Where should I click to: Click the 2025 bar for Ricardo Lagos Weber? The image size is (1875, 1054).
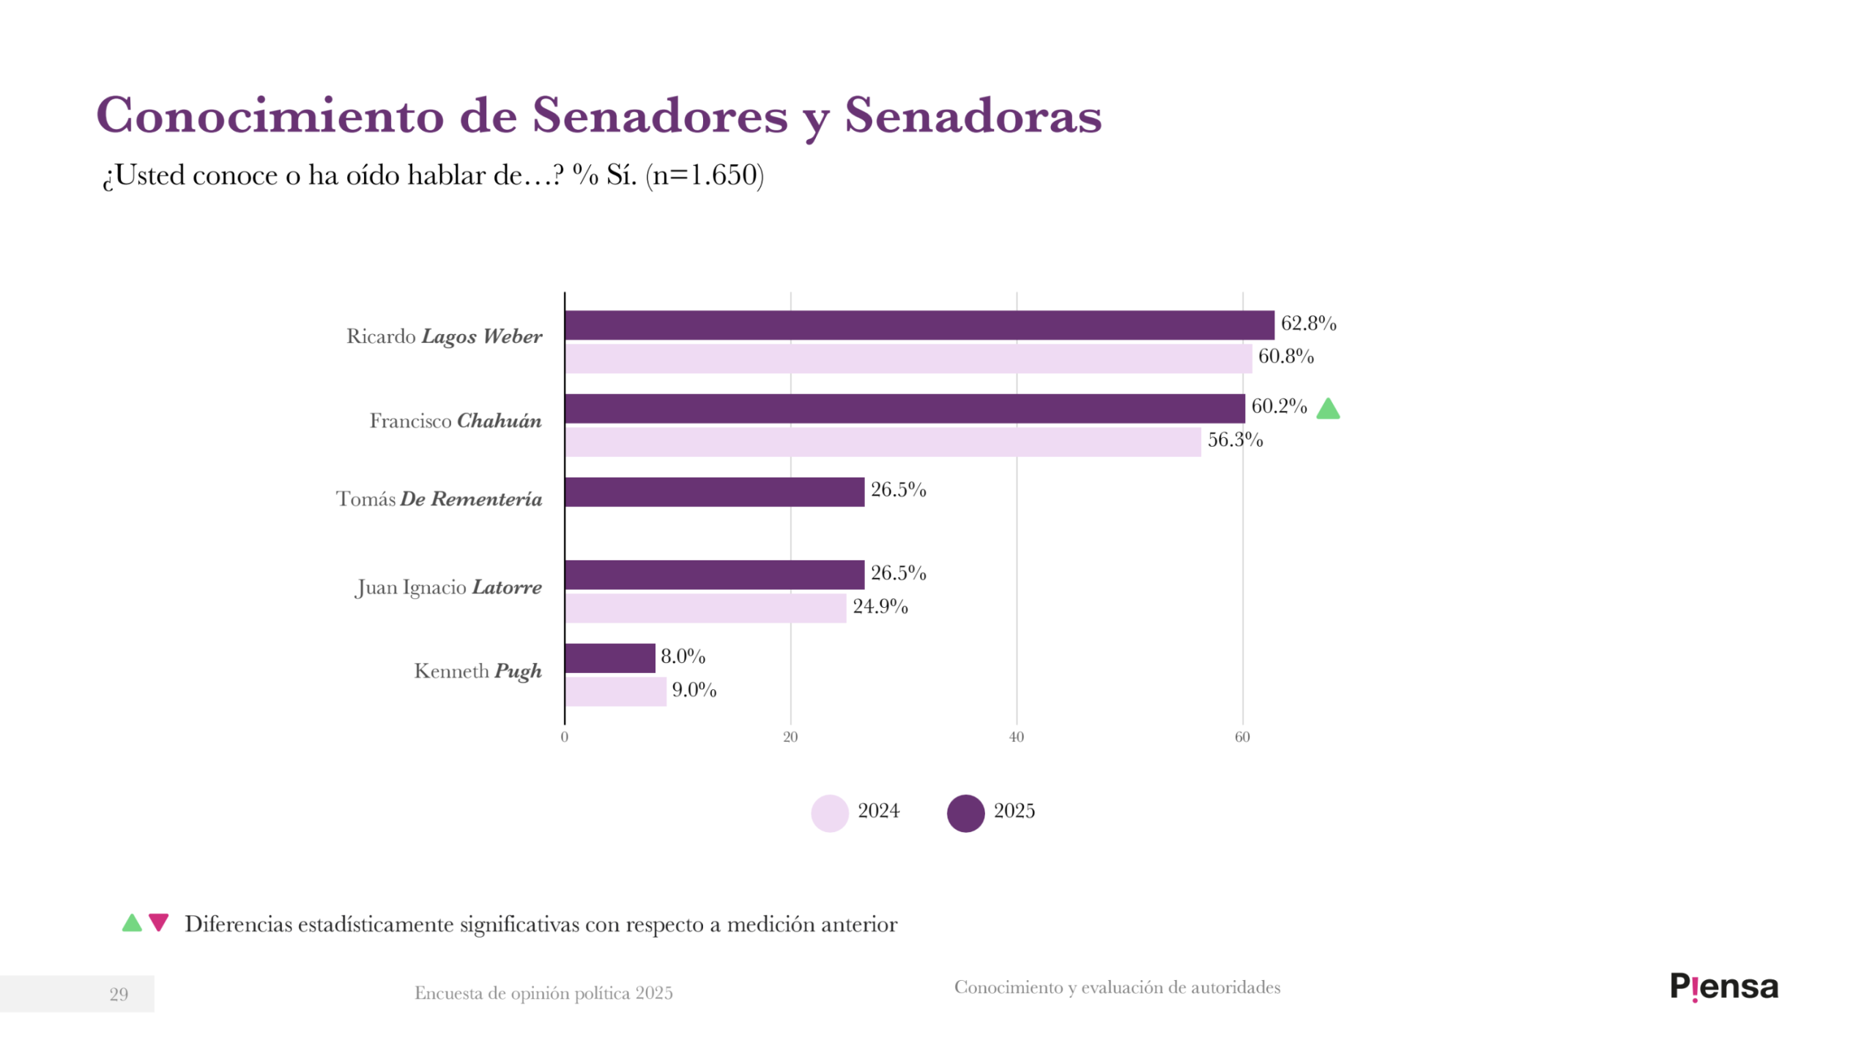[918, 325]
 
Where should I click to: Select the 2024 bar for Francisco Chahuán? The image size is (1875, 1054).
[882, 442]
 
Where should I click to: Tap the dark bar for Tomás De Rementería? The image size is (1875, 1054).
[714, 492]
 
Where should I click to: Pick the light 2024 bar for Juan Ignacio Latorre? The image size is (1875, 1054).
[705, 609]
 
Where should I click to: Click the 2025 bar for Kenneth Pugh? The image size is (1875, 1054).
[609, 658]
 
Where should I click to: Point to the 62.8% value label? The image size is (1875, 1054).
[1308, 323]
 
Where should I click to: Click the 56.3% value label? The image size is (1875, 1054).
[1235, 439]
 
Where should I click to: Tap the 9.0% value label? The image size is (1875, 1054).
[694, 690]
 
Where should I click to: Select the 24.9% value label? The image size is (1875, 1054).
[880, 606]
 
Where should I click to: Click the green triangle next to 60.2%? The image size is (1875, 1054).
[1328, 409]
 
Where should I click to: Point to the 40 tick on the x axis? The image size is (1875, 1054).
[1016, 738]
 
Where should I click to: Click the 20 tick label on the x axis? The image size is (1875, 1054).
[790, 738]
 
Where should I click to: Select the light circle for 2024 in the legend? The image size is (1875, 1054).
[829, 813]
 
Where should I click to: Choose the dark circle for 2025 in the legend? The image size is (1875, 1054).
[965, 813]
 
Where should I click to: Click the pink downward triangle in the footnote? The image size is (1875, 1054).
[158, 922]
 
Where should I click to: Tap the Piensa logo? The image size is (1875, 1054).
[1723, 987]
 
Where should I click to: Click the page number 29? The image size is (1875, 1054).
[119, 995]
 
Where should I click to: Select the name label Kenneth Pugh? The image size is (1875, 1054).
[478, 672]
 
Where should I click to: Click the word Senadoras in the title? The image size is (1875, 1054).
[973, 116]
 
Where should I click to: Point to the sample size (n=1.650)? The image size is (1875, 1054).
[705, 175]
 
